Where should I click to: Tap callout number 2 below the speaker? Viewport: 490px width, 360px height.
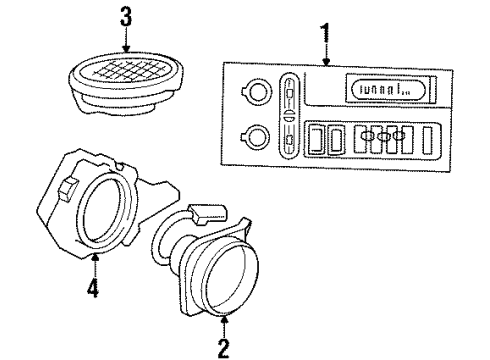(x=223, y=347)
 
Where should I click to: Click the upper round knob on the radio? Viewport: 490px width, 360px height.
(x=256, y=94)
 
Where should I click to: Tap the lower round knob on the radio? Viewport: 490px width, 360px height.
(x=256, y=136)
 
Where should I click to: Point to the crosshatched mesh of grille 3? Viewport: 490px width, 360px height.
(x=127, y=72)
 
